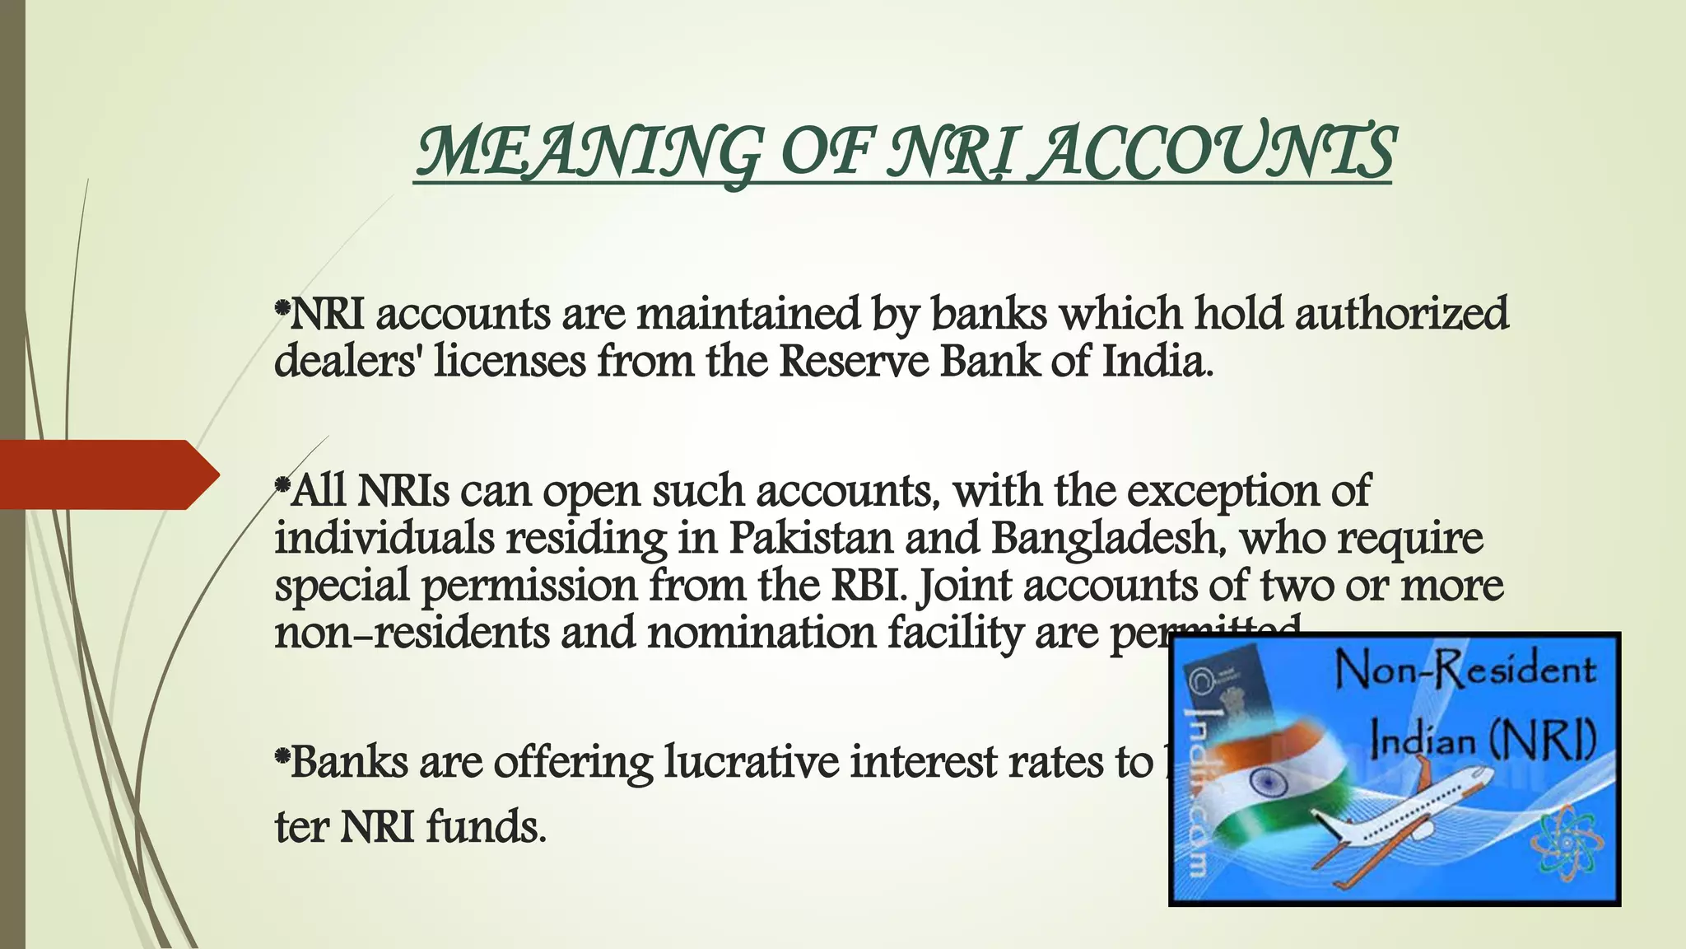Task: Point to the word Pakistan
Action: [x=811, y=538]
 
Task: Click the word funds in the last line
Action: [x=486, y=826]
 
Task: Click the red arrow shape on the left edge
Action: [x=107, y=474]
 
